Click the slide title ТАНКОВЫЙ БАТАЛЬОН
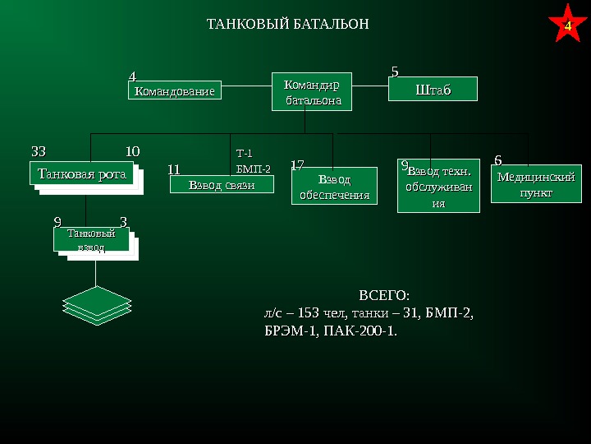click(x=287, y=24)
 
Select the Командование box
click(x=175, y=90)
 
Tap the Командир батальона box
click(x=305, y=91)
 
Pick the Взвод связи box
click(x=222, y=185)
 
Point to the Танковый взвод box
click(x=91, y=240)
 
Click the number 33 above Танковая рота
click(x=39, y=151)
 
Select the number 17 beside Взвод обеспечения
click(x=298, y=165)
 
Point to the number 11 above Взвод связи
click(x=173, y=169)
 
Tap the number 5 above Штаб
click(x=395, y=72)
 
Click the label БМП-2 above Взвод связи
click(x=253, y=169)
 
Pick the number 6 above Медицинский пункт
click(x=498, y=159)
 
